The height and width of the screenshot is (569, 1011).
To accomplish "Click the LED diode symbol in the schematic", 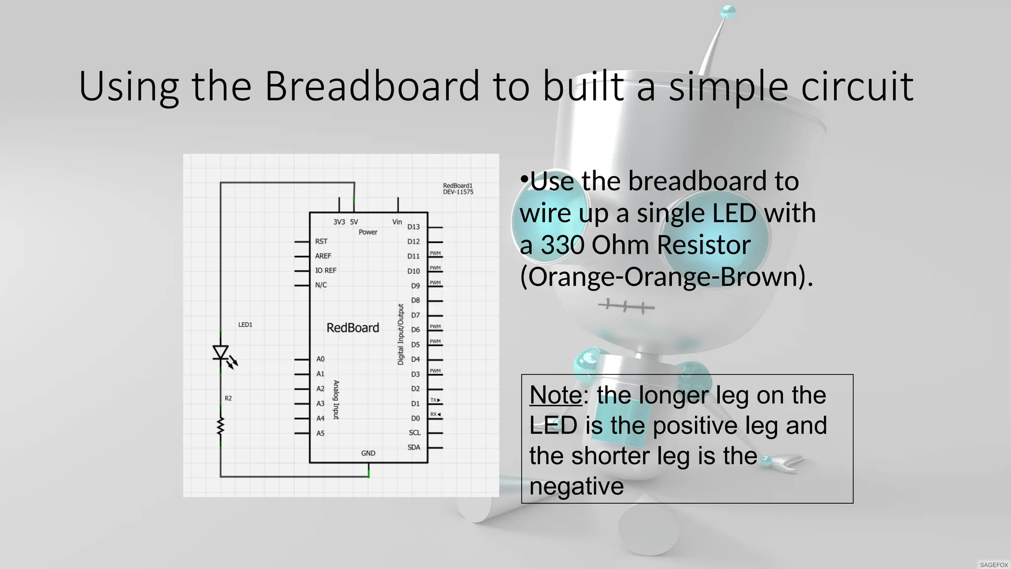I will [x=221, y=353].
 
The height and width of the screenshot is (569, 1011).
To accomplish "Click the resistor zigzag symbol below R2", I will [x=221, y=426].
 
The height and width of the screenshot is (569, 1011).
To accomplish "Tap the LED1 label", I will [x=245, y=325].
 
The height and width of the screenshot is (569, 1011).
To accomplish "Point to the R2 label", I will [x=228, y=398].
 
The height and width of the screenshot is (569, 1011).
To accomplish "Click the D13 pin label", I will [x=413, y=227].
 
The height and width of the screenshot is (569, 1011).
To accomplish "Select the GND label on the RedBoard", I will [x=368, y=453].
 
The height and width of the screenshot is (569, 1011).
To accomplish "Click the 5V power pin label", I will [x=354, y=222].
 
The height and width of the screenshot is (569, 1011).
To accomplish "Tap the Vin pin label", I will [x=397, y=222].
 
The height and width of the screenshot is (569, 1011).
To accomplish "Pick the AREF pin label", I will [x=323, y=256].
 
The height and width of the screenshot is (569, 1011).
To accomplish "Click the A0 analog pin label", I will [x=320, y=359].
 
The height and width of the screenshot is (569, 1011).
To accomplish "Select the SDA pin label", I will [x=414, y=447].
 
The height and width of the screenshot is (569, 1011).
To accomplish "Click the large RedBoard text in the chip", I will [x=352, y=327].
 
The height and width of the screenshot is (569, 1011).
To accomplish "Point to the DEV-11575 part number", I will [x=458, y=192].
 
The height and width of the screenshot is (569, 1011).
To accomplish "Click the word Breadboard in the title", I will [x=372, y=86].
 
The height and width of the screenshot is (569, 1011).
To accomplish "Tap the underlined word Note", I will [x=555, y=395].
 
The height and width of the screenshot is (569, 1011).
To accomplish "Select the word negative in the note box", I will [x=576, y=486].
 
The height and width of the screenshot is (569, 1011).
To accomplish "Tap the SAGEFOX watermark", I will [x=994, y=565].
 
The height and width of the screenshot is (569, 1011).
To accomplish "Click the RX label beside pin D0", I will [x=434, y=414].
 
